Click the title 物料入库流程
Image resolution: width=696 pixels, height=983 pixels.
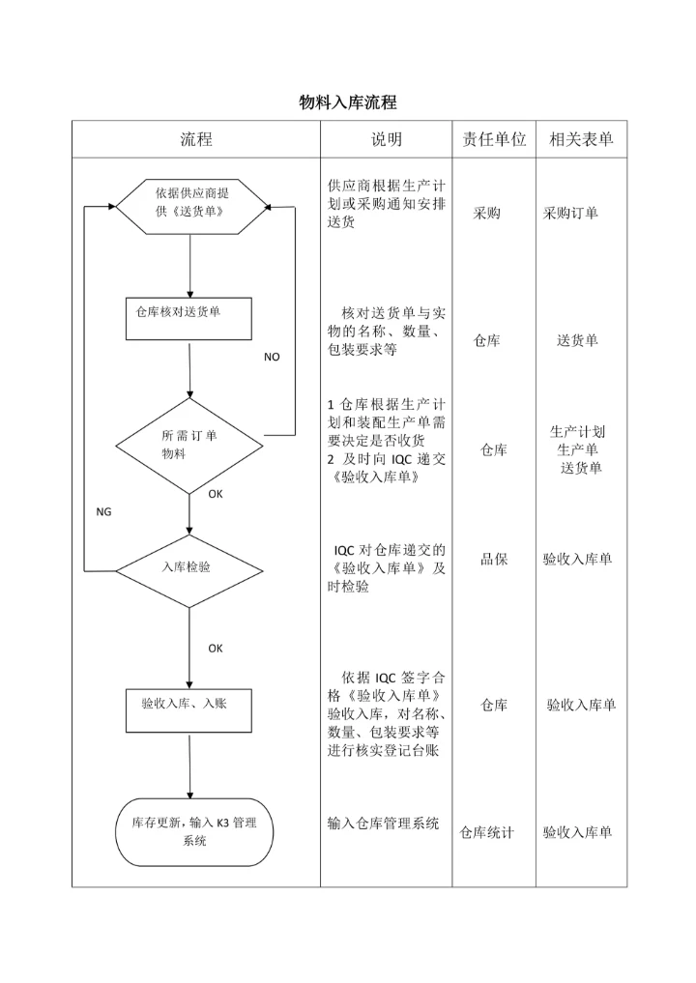click(348, 102)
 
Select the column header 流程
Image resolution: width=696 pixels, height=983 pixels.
click(195, 139)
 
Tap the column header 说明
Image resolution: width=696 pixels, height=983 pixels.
click(386, 139)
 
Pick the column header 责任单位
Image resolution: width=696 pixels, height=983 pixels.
click(493, 139)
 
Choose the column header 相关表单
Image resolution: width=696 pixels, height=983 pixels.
click(580, 139)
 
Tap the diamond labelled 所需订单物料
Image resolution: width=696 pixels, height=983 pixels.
click(189, 446)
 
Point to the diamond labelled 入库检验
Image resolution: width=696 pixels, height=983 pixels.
click(189, 567)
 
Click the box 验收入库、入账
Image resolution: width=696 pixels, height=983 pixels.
click(189, 711)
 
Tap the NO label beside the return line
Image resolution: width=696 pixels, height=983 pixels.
click(272, 357)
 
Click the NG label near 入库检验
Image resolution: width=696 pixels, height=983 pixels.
click(103, 512)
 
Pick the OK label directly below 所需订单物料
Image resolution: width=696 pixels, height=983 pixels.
click(216, 494)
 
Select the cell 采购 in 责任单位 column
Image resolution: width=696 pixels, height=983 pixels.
click(486, 213)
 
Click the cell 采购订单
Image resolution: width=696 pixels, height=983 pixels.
click(570, 213)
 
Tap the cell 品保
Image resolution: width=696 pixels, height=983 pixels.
click(494, 559)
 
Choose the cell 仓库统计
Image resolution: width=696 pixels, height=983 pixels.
click(486, 832)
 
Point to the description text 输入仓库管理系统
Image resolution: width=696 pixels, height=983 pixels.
click(384, 824)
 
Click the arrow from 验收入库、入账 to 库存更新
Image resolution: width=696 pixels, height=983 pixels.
click(189, 766)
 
